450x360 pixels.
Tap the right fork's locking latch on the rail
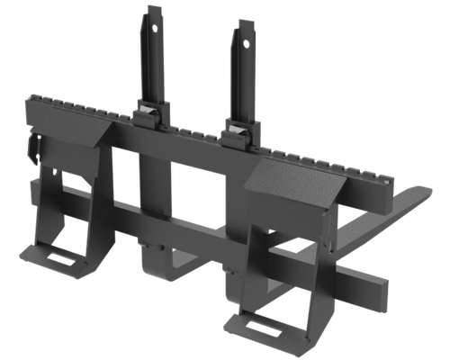pos(238,134)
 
